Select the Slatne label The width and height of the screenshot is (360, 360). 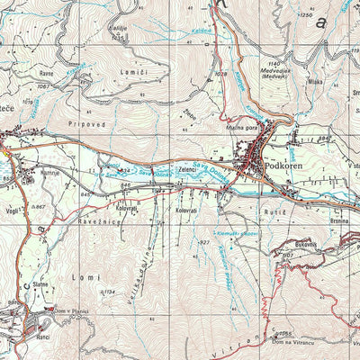pos(40,284)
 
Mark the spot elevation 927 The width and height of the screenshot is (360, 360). pos(205,242)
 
